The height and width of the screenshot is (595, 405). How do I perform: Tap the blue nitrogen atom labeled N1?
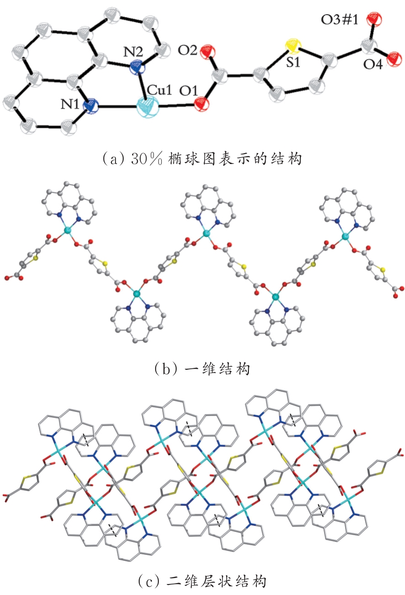point(90,106)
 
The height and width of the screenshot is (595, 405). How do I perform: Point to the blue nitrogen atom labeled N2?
point(138,69)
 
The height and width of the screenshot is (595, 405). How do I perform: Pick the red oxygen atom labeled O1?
point(202,104)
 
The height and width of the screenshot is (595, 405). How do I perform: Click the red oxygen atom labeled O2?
point(208,52)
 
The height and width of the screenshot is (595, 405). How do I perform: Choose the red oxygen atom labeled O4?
point(394,58)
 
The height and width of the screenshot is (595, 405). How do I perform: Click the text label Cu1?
point(159,90)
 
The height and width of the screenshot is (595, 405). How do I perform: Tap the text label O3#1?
point(339,20)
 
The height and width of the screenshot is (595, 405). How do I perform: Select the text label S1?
point(293,62)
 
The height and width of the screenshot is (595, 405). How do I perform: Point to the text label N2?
point(133,52)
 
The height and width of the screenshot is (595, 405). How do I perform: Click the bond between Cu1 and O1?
point(176,106)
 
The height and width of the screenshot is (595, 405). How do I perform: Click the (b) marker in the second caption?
point(166,369)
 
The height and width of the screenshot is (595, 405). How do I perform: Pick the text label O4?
point(373,64)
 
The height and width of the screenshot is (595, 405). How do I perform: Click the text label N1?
point(70,104)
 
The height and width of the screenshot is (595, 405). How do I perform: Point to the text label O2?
point(187,50)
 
